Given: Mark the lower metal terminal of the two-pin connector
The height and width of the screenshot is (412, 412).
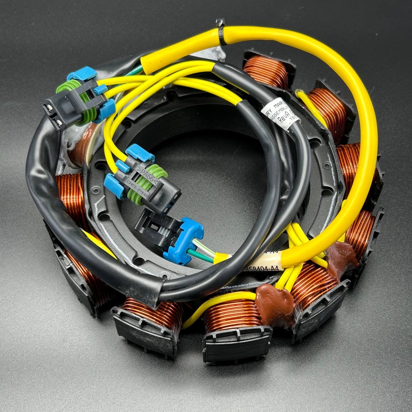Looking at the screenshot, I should (58, 124).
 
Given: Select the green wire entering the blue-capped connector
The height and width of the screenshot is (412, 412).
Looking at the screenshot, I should (203, 254).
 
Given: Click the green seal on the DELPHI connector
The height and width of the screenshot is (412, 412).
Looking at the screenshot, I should (150, 182).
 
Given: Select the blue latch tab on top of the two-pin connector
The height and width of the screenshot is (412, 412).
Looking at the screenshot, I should (79, 75).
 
